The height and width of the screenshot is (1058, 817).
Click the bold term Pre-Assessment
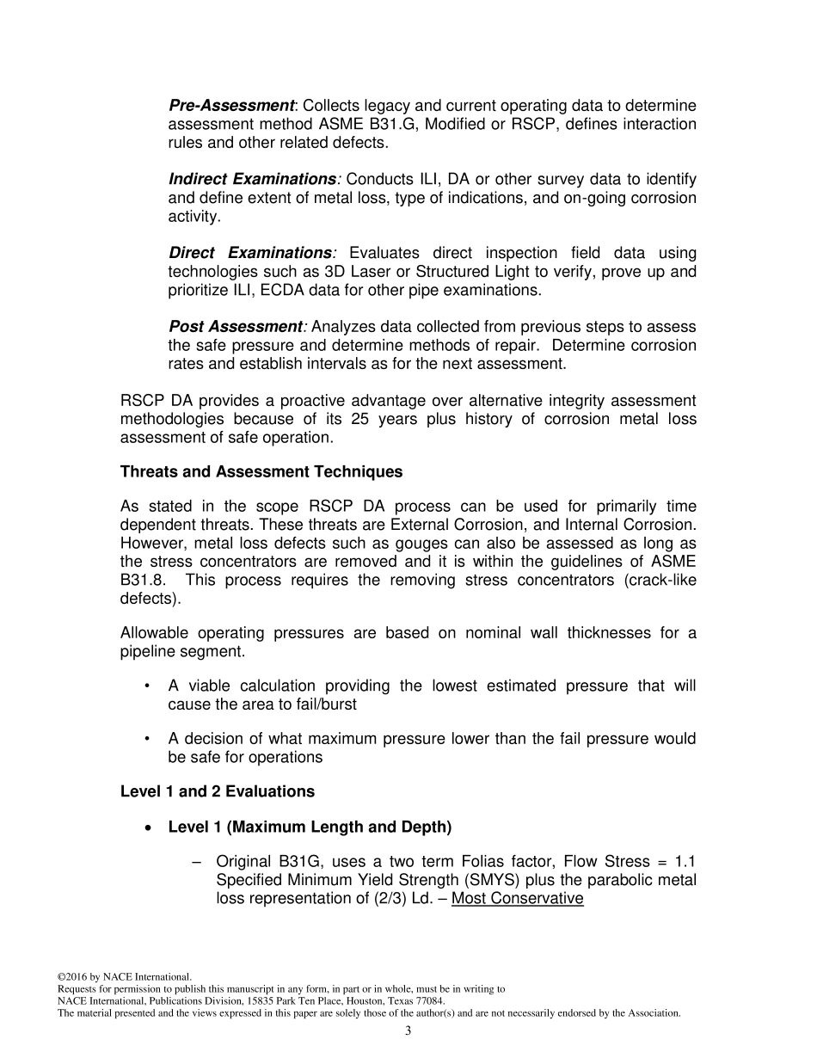[x=231, y=106]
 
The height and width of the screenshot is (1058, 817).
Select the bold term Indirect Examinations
[x=252, y=180]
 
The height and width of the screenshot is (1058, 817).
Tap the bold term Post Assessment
[x=236, y=327]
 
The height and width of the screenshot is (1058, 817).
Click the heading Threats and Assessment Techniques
[x=261, y=472]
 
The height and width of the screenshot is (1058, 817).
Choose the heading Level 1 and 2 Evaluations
[x=218, y=791]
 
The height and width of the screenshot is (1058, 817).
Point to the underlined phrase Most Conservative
[x=517, y=899]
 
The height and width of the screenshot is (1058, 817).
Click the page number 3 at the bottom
[x=408, y=1031]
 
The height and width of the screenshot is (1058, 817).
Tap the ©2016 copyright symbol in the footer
[x=61, y=977]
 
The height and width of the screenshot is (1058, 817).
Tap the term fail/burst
[x=320, y=704]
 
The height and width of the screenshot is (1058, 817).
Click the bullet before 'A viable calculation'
[x=148, y=686]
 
